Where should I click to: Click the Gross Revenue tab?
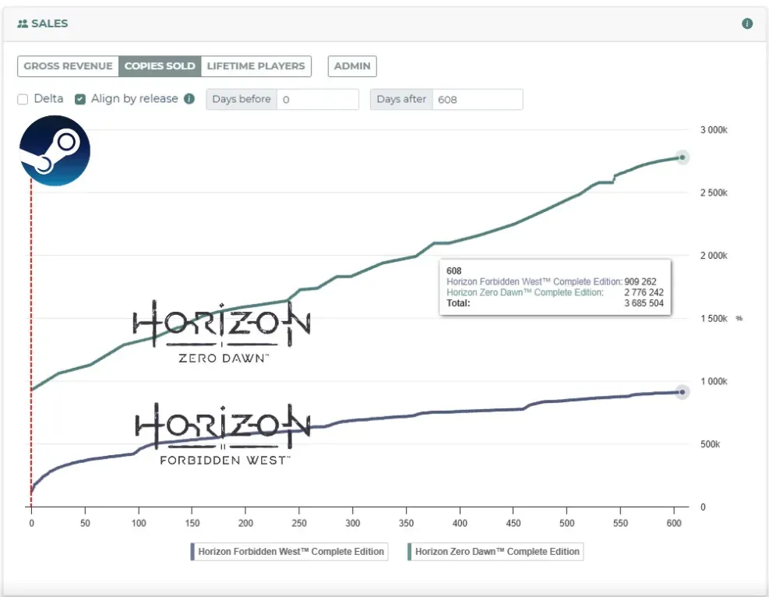(x=68, y=66)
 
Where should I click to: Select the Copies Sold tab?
(x=160, y=66)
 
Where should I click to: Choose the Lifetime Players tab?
(x=256, y=66)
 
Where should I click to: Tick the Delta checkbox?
(x=23, y=100)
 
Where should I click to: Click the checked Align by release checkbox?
(x=80, y=100)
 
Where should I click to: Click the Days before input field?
(x=316, y=100)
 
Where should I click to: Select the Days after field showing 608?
(x=477, y=100)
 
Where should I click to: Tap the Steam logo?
(x=55, y=150)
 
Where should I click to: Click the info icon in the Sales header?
(x=747, y=24)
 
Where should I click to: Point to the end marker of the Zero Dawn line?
(x=682, y=157)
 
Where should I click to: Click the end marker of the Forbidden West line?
(x=682, y=392)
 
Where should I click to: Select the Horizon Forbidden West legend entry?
(x=289, y=552)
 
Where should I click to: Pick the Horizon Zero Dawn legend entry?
(x=496, y=552)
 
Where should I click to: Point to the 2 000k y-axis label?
(x=713, y=256)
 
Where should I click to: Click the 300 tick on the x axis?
(x=353, y=523)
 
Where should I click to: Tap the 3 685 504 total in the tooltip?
(x=644, y=303)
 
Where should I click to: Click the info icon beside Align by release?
(x=189, y=100)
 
